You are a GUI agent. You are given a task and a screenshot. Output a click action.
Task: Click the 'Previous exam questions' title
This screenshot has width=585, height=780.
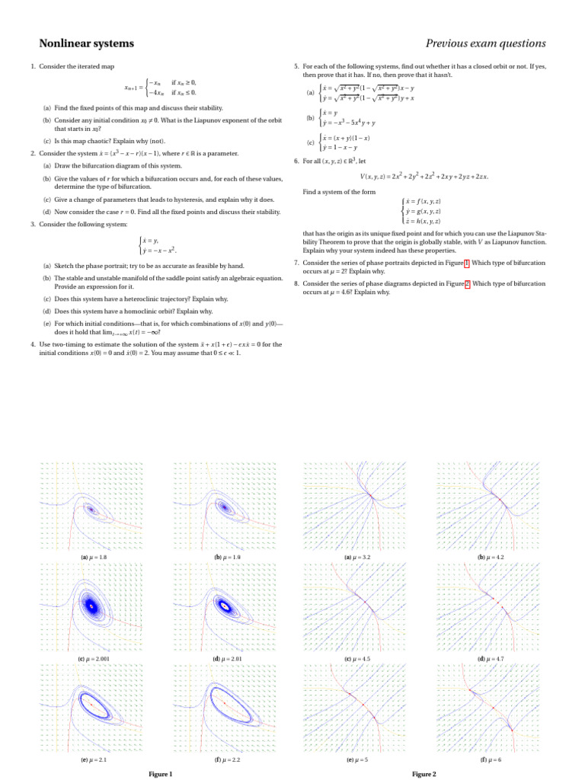point(485,43)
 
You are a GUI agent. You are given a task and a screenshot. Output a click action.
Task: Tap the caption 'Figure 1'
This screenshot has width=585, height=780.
point(161,774)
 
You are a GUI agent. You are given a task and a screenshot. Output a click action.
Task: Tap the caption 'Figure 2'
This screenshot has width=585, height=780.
point(424,774)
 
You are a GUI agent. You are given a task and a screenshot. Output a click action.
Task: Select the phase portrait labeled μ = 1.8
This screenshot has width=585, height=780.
point(91,506)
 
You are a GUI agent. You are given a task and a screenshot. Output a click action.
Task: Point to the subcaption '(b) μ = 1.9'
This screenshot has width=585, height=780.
point(225,558)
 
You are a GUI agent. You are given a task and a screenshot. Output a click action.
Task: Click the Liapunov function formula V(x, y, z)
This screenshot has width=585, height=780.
point(424,177)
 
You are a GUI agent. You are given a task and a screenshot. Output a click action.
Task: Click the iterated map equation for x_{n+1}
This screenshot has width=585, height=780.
point(161,88)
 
